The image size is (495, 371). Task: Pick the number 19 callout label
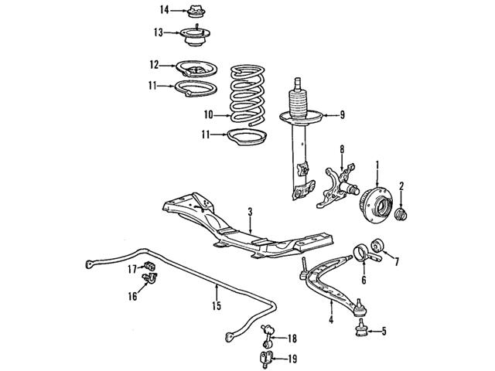[x=292, y=358]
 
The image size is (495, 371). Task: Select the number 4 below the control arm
[x=330, y=321]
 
